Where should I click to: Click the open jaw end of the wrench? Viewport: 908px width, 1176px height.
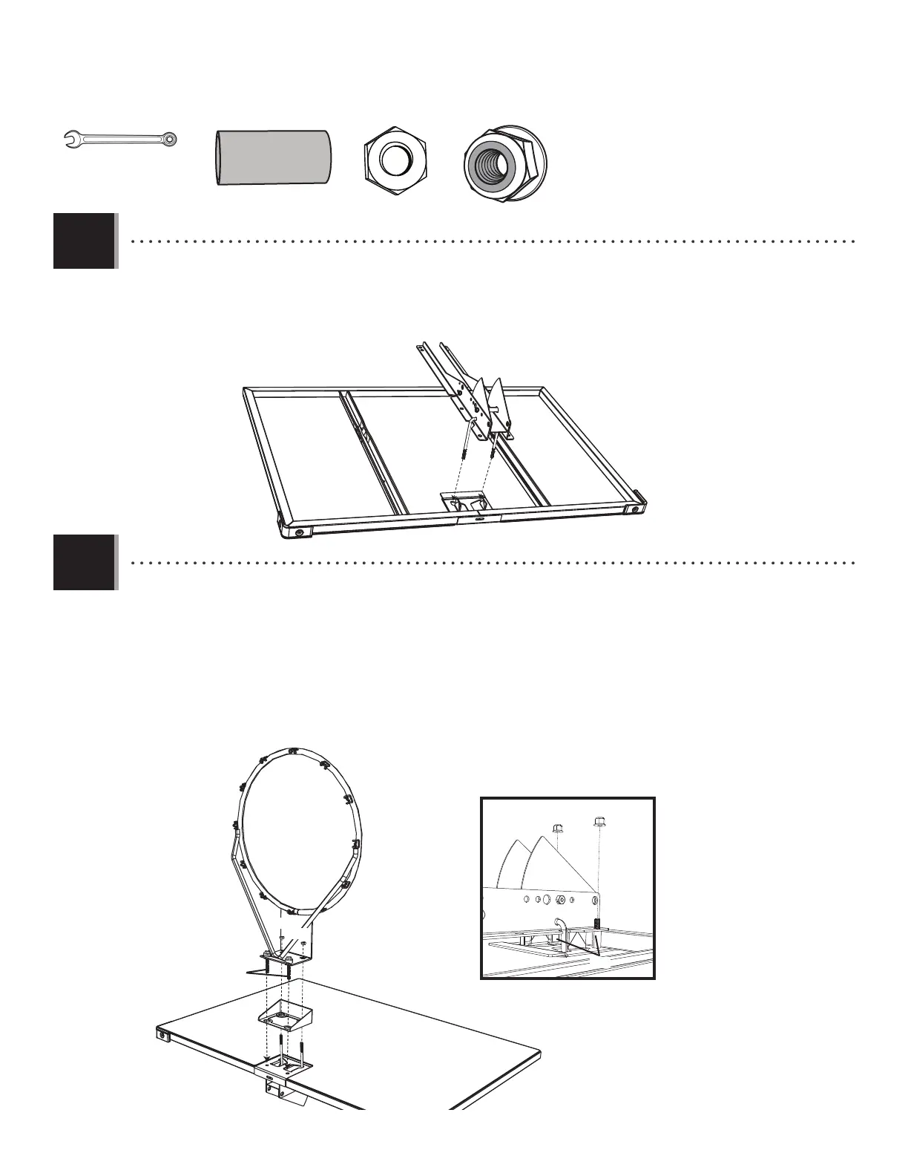click(71, 138)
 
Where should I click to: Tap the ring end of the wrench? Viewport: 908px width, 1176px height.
click(171, 138)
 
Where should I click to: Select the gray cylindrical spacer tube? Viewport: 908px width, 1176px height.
click(273, 157)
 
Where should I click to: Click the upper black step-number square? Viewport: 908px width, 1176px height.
click(85, 241)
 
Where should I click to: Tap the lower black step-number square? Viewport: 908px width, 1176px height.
click(85, 562)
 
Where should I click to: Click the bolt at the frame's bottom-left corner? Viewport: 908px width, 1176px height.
click(298, 532)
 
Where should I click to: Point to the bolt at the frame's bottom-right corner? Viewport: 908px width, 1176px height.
click(634, 510)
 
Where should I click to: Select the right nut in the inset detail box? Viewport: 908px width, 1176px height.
click(599, 821)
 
